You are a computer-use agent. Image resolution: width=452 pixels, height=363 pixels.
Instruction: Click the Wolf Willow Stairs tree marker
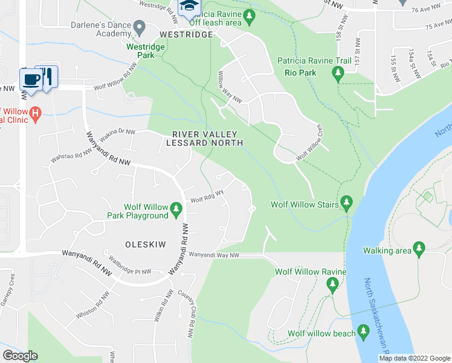pyautogui.click(x=346, y=202)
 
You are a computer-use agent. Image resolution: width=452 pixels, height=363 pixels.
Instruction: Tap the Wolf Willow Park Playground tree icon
pyautogui.click(x=176, y=209)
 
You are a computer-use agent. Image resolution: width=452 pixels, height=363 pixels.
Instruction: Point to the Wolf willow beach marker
pyautogui.click(x=363, y=332)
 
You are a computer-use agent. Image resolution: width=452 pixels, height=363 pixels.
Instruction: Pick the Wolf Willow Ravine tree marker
pyautogui.click(x=332, y=283)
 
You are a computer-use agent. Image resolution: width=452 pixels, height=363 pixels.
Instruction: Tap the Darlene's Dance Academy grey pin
pyautogui.click(x=139, y=27)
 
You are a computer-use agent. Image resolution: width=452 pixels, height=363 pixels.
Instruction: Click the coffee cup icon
pyautogui.click(x=30, y=79)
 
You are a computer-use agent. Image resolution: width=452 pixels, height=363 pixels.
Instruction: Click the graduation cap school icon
pyautogui.click(x=187, y=6)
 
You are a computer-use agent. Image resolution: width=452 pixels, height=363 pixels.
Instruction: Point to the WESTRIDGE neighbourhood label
pyautogui.click(x=186, y=34)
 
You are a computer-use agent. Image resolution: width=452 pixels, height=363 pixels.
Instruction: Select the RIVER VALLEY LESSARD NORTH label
pyautogui.click(x=207, y=139)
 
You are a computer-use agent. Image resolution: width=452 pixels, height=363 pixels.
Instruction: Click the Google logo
pyautogui.click(x=20, y=355)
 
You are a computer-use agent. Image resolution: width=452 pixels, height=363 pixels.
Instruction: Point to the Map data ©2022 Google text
pyautogui.click(x=414, y=358)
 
